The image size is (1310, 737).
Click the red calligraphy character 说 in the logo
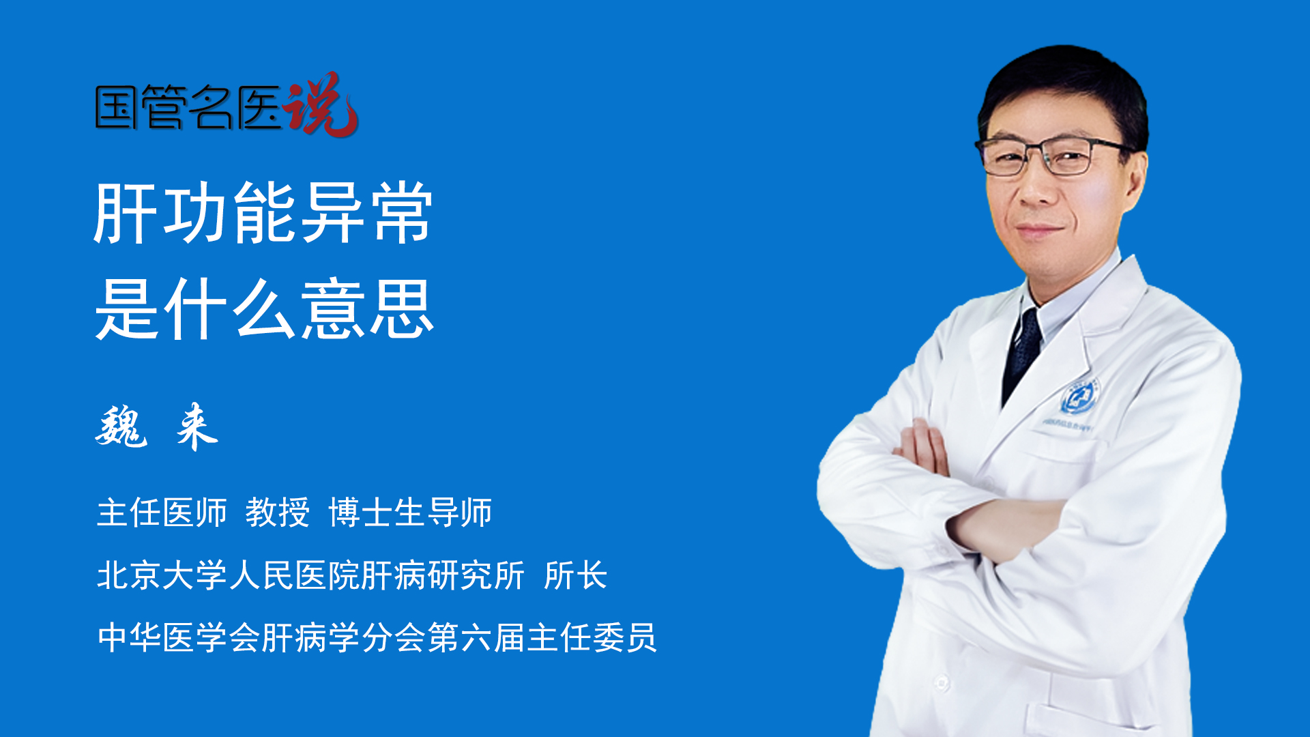(321, 104)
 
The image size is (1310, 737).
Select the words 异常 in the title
(367, 213)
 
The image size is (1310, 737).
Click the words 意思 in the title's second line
(367, 309)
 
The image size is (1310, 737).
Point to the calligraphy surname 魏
(121, 427)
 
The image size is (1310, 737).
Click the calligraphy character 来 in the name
(197, 427)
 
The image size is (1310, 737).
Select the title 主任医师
(162, 512)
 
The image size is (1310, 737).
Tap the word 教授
(278, 512)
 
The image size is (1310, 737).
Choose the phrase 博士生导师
(410, 512)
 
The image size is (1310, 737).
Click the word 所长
(576, 575)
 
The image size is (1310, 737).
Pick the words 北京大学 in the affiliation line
(162, 575)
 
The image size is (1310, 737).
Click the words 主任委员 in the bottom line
(592, 638)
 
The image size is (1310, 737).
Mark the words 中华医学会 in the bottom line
(179, 638)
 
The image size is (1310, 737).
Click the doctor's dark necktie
(1021, 355)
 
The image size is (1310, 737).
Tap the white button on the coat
(942, 682)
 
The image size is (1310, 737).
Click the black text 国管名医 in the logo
(188, 107)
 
